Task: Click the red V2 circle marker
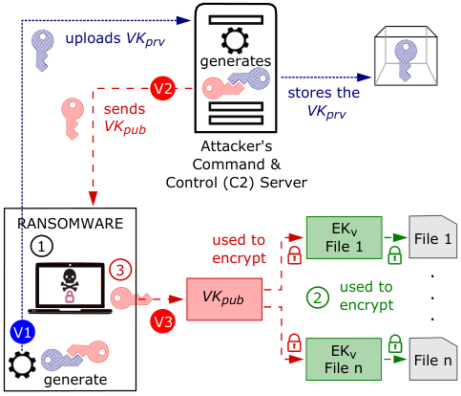[x=163, y=88]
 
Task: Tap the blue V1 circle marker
[x=22, y=332]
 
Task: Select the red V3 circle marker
[x=162, y=321]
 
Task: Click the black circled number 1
[x=42, y=246]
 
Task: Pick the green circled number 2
[x=318, y=297]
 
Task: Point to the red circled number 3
[x=120, y=270]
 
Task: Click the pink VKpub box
[x=224, y=299]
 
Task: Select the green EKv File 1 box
[x=344, y=237]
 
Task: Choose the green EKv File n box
[x=344, y=359]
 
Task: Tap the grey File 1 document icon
[x=432, y=236]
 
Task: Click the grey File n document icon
[x=432, y=359]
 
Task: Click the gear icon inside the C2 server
[x=235, y=40]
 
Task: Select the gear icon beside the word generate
[x=22, y=364]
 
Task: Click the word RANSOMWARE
[x=71, y=224]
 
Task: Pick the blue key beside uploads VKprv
[x=42, y=51]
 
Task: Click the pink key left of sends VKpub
[x=73, y=119]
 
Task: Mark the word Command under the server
[x=228, y=165]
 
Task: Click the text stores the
[x=324, y=93]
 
